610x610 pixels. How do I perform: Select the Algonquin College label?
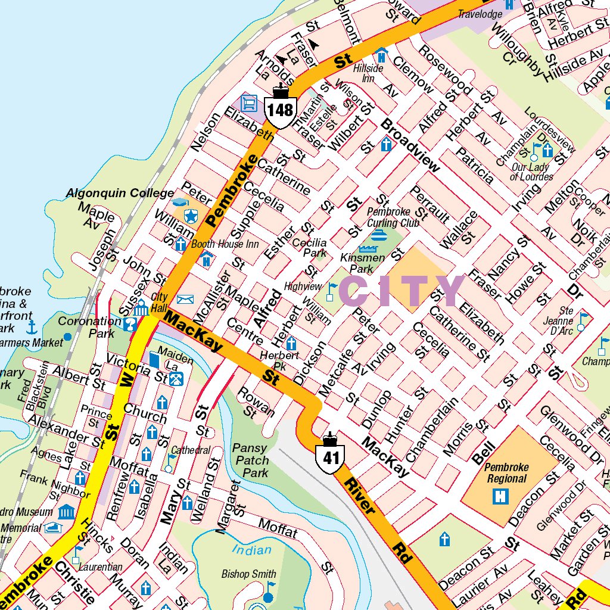coord(120,194)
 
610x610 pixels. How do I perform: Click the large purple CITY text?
coord(402,292)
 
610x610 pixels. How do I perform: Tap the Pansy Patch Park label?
coord(251,460)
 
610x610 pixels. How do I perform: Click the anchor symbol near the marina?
coord(32,327)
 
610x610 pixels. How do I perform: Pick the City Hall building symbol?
coord(141,308)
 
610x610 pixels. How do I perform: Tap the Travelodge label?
coord(480,14)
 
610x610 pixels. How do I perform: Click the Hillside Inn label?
coord(368,73)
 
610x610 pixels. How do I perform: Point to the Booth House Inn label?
coord(225,244)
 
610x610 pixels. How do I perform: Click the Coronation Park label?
coord(89,327)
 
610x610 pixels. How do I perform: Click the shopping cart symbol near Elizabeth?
coord(248,103)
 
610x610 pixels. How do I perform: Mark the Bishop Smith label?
coord(248,574)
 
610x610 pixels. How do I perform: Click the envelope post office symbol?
coord(185,299)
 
